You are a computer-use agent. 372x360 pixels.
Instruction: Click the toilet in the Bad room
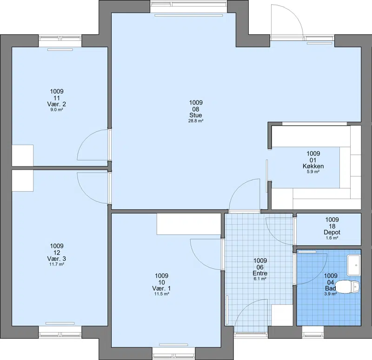tap(348, 287)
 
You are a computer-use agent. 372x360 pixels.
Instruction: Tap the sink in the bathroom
tap(353, 265)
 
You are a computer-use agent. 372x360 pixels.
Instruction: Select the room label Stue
tap(196, 115)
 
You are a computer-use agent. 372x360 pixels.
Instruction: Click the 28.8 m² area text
tap(196, 121)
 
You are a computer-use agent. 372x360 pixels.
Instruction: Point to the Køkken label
tap(313, 166)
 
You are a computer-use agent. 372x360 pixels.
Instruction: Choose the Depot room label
tap(332, 233)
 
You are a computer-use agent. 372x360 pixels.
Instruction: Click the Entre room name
tap(260, 273)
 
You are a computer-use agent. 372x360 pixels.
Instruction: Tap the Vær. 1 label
tap(161, 288)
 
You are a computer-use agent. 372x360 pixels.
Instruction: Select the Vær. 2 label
tap(57, 104)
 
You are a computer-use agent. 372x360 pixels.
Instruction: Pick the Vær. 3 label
tap(57, 259)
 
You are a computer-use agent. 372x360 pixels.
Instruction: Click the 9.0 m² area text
tap(57, 110)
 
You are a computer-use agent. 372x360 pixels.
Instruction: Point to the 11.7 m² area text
tap(57, 264)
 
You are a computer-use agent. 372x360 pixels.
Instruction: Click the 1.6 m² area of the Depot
tap(332, 238)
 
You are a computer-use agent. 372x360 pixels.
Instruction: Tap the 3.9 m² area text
tap(331, 294)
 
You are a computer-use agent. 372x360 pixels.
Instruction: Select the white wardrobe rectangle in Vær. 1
tap(189, 224)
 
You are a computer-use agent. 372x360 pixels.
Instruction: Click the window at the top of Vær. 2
tap(60, 41)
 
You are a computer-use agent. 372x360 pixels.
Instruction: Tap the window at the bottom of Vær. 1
tap(173, 353)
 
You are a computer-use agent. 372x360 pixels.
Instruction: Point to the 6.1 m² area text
tap(260, 279)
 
